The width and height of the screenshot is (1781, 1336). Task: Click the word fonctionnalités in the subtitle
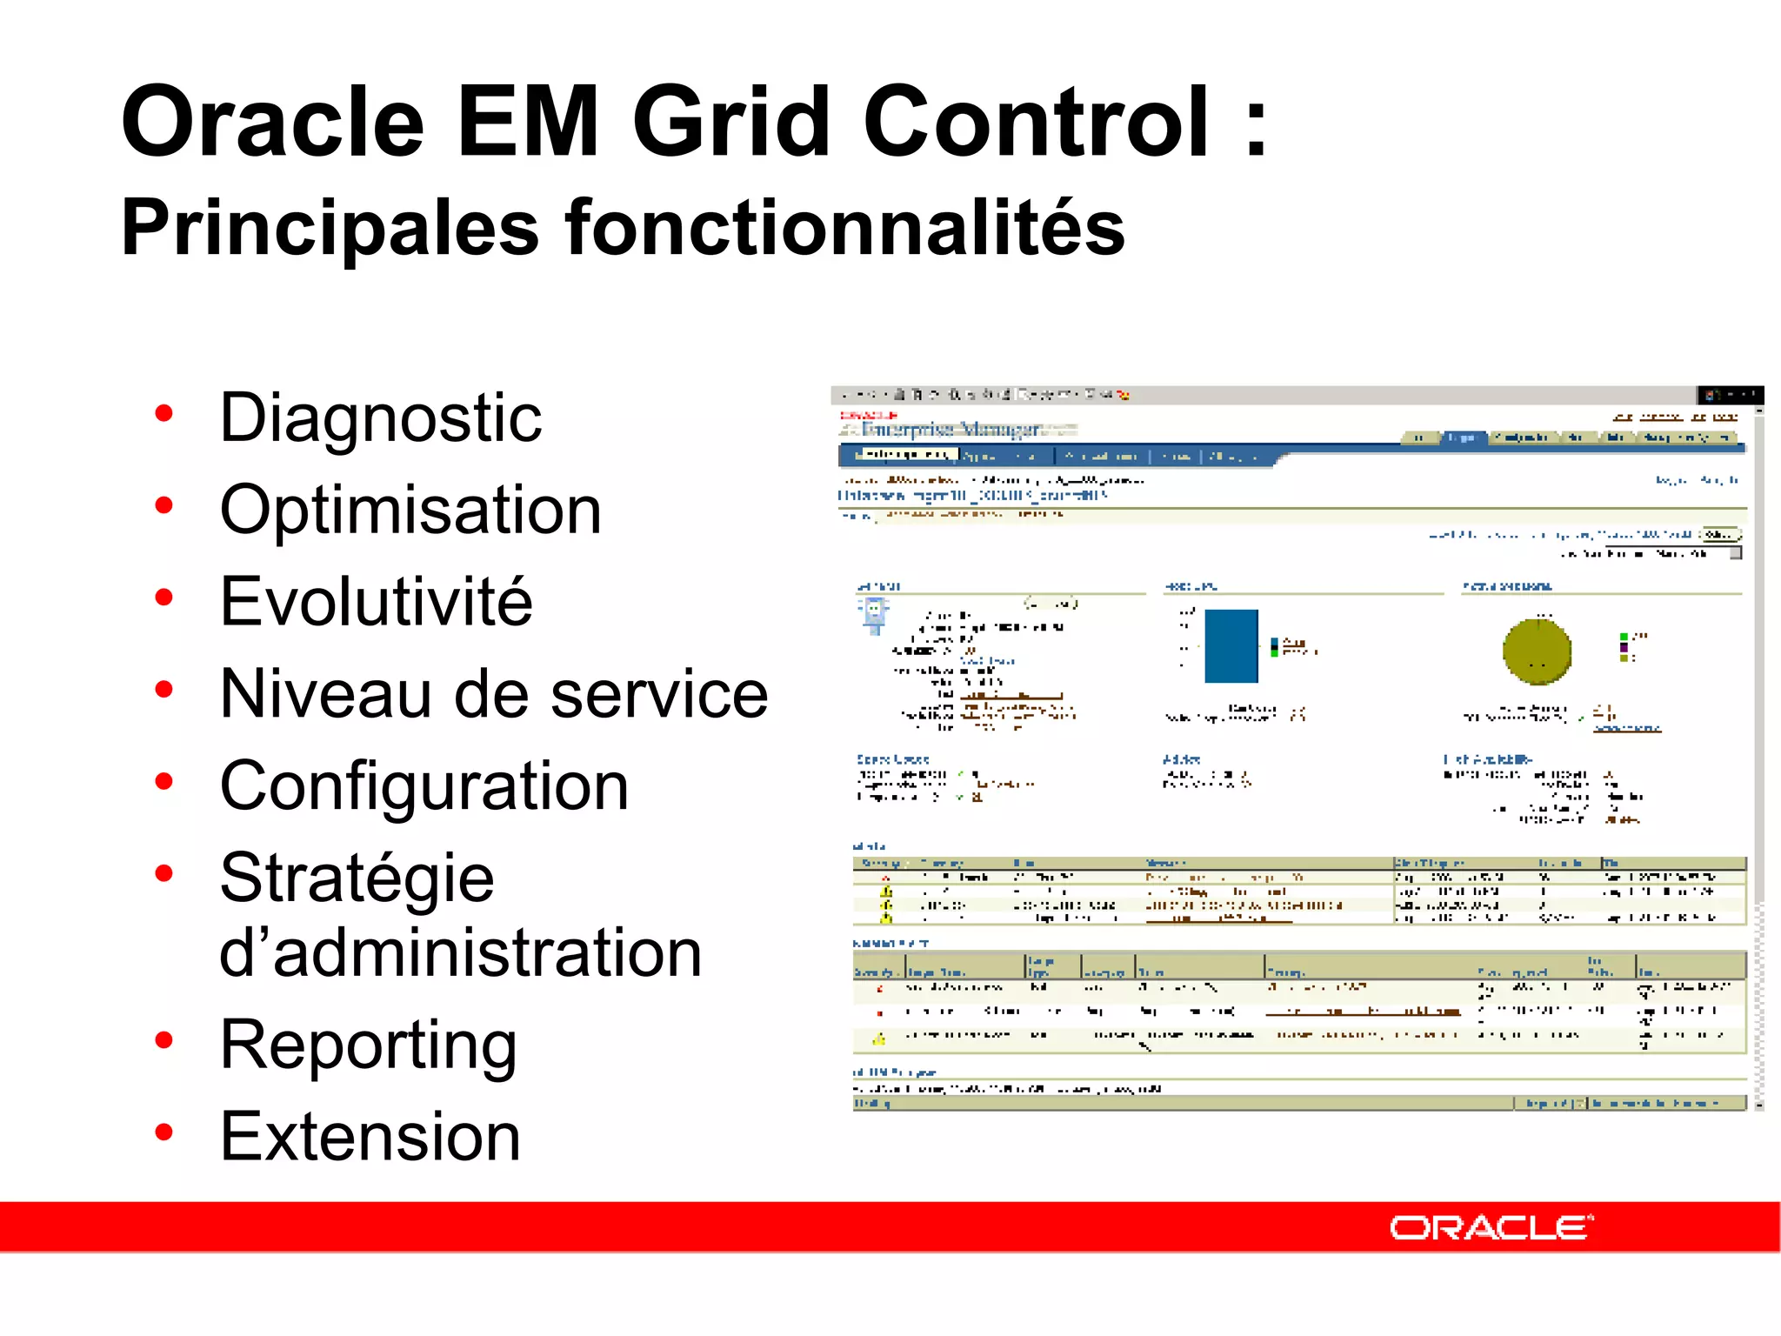tap(844, 228)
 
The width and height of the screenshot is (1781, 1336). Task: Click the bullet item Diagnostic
tap(381, 418)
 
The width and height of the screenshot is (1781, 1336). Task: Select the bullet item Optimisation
tap(410, 511)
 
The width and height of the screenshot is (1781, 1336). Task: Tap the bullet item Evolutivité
tap(376, 602)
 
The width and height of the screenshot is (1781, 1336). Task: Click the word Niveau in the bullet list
tap(326, 694)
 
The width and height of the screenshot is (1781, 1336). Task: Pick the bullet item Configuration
tap(424, 786)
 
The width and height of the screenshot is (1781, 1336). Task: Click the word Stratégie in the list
tap(357, 878)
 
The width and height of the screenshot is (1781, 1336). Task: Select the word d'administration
tap(460, 953)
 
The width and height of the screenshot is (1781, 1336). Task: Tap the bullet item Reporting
tap(368, 1045)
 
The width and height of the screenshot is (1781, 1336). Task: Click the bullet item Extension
tap(370, 1138)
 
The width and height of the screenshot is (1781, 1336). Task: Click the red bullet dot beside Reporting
tap(163, 1040)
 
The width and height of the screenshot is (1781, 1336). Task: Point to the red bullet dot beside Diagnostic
tap(163, 414)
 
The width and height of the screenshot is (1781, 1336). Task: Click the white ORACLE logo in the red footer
tap(1491, 1228)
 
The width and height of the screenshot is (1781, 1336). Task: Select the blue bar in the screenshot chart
tap(1231, 646)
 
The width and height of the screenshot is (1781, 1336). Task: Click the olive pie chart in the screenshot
tap(1537, 651)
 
